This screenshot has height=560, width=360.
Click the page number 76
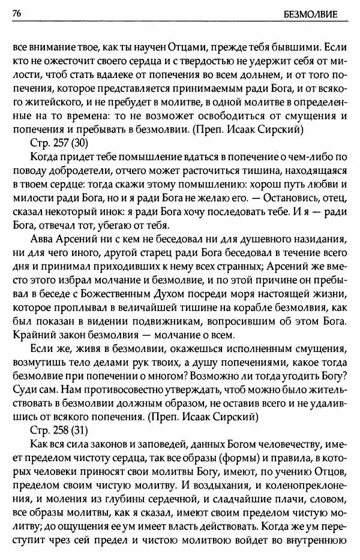[x=17, y=13]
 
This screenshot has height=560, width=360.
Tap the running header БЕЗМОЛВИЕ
[x=321, y=13]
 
